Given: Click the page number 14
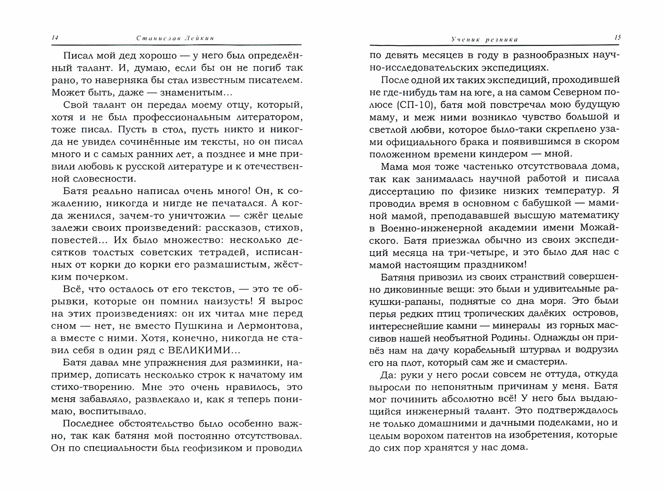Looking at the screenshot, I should click(55, 38).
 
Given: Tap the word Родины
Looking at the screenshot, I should click(521, 338).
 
